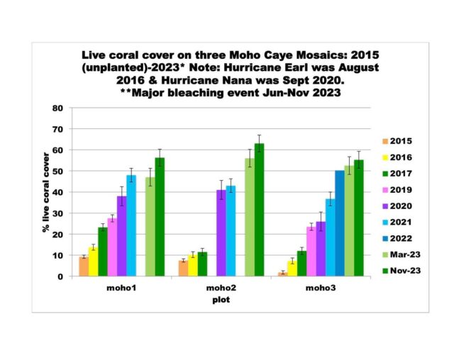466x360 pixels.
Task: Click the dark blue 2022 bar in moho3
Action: pyautogui.click(x=340, y=223)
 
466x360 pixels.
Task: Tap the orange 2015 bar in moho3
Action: pyautogui.click(x=283, y=274)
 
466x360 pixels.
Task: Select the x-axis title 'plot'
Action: pyautogui.click(x=221, y=300)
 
